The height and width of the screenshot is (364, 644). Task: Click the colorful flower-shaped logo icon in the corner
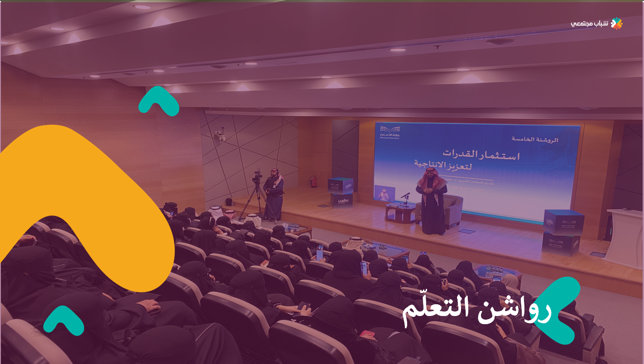(616, 24)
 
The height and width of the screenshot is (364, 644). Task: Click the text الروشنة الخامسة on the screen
(534, 139)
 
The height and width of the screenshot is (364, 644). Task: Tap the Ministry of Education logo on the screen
(390, 132)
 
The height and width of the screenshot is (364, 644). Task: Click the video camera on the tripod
(257, 176)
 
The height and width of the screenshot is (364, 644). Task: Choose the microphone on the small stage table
(405, 196)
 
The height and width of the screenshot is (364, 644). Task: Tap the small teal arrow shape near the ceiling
(158, 101)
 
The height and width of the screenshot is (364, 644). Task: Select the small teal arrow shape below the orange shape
(64, 320)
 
